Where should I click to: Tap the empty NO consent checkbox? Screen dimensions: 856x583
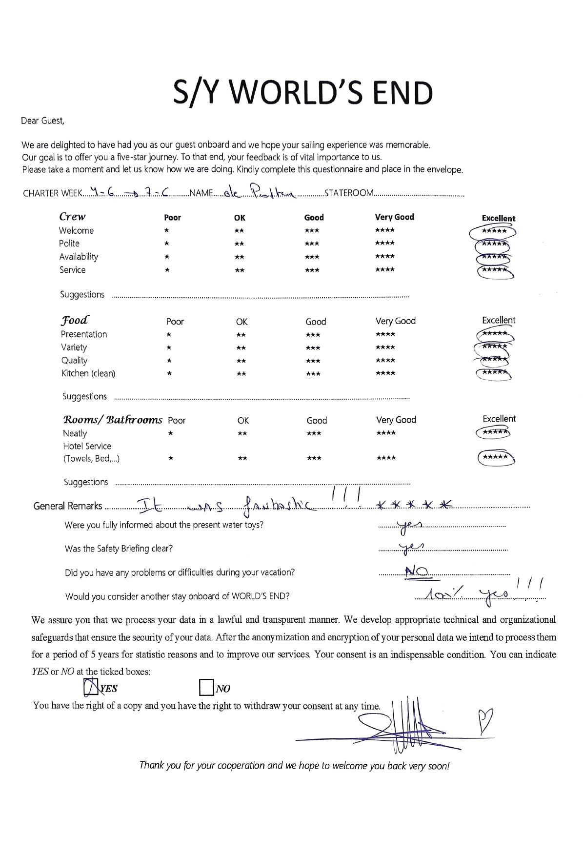[x=206, y=688]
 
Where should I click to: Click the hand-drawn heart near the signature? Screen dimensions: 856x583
[x=485, y=720]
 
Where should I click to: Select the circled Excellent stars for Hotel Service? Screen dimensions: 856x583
[x=495, y=458]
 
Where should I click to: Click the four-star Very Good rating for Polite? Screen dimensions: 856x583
[x=385, y=244]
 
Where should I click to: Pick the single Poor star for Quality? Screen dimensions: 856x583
[x=169, y=361]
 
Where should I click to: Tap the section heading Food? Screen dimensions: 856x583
[x=75, y=321]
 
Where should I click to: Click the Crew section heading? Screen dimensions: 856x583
[x=72, y=217]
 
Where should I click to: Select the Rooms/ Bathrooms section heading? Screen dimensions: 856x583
[x=113, y=420]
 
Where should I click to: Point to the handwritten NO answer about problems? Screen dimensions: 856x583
[x=417, y=571]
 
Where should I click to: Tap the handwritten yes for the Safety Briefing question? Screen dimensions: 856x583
[x=411, y=547]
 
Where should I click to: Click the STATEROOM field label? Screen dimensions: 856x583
[x=349, y=193]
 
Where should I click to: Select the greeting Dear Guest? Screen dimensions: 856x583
[x=42, y=121]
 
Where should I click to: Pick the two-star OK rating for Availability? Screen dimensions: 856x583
[x=239, y=257]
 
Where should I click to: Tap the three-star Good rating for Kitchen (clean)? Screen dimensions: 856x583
[x=313, y=374]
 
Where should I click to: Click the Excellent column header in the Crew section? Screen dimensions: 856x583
[x=498, y=218]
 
